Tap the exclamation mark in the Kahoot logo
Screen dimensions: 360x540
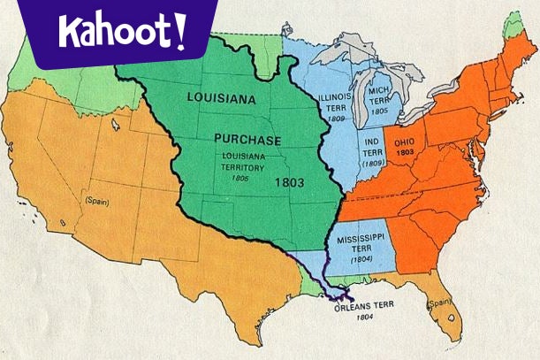(180, 29)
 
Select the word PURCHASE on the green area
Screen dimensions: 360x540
(247, 141)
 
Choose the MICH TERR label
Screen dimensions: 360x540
(381, 96)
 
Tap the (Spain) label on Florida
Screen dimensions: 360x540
(440, 305)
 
